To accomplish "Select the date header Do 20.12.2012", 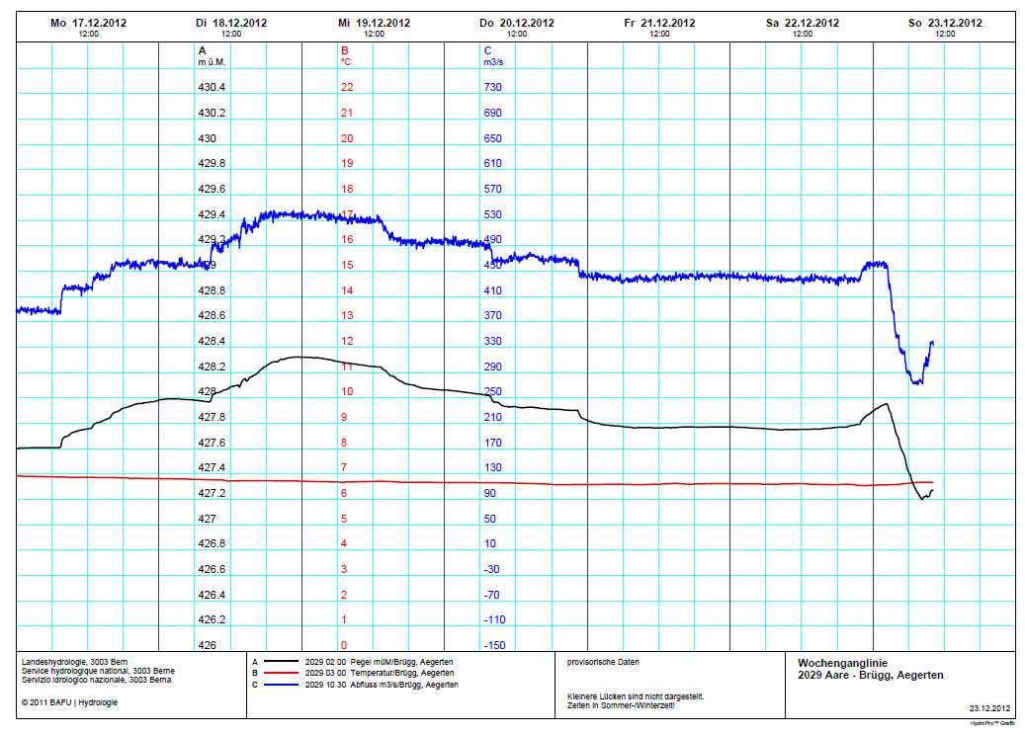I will click(x=516, y=23).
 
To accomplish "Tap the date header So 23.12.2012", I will click(x=945, y=23).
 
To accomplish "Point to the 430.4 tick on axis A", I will click(x=212, y=87).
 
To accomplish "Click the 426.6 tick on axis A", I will click(x=212, y=569).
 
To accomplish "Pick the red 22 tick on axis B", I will click(x=347, y=87).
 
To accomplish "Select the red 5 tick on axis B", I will click(x=344, y=519).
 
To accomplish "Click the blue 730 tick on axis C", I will click(x=493, y=87).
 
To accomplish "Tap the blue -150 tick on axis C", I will click(x=495, y=645).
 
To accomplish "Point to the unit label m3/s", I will click(x=494, y=61).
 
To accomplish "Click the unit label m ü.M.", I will click(x=214, y=61).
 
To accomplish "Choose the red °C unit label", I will click(x=346, y=61).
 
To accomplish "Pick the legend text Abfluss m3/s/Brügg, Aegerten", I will click(x=400, y=685).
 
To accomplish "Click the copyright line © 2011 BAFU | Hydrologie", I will click(x=68, y=702).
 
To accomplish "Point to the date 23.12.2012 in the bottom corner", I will click(x=989, y=708).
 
